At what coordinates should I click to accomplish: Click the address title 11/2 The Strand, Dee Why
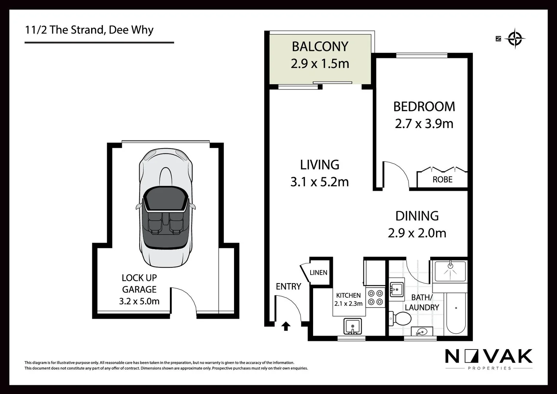89,30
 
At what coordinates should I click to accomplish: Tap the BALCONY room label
320,47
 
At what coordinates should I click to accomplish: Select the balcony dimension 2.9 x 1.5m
320,64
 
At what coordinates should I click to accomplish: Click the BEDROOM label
424,107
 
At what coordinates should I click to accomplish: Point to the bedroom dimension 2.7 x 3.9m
424,124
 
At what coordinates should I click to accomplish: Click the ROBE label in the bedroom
442,179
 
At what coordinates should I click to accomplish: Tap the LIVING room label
319,165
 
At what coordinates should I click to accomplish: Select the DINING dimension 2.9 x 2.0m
417,233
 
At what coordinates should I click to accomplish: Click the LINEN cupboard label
318,273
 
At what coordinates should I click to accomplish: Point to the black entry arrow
286,326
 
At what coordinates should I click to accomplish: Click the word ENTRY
288,287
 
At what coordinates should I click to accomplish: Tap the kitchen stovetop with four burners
375,297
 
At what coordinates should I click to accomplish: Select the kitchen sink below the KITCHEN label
352,326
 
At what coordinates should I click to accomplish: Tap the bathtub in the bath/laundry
456,313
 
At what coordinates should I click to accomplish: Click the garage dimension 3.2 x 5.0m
139,301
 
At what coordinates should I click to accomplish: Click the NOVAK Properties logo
489,359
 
